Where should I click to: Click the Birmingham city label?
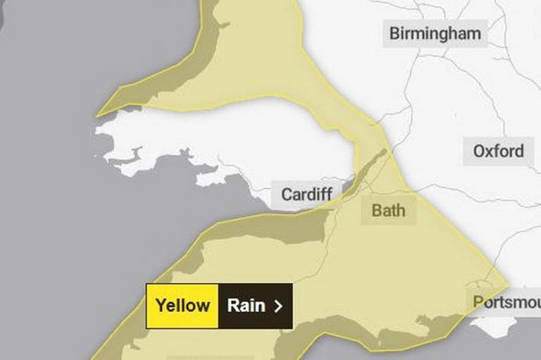click(435, 33)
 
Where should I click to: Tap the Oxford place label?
click(498, 151)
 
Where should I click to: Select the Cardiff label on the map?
click(307, 194)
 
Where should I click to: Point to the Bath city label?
click(388, 210)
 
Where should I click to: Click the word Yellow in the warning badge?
click(182, 306)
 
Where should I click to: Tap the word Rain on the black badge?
click(246, 306)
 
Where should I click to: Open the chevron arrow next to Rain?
click(278, 306)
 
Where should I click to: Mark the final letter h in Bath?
click(401, 210)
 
